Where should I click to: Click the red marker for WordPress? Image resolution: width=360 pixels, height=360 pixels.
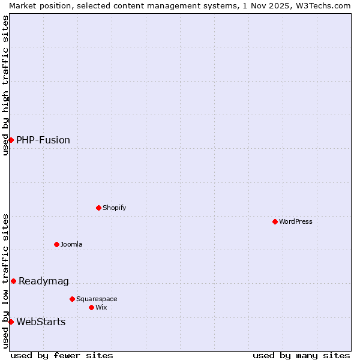click(275, 221)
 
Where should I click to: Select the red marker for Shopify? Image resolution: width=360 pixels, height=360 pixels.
click(98, 208)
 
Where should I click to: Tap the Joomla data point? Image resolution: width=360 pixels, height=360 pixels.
click(56, 244)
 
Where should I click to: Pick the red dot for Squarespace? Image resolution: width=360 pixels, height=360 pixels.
click(72, 299)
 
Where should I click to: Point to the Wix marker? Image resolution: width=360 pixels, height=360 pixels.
click(91, 307)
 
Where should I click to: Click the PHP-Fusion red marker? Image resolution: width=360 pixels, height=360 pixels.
click(11, 140)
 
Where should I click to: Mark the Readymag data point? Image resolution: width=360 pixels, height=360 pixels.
click(13, 281)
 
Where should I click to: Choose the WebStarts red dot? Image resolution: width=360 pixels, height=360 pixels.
click(11, 322)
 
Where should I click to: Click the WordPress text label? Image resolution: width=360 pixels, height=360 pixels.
click(296, 221)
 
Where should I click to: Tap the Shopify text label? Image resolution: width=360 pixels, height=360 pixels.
click(114, 208)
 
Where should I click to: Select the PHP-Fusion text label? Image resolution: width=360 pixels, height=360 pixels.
click(43, 140)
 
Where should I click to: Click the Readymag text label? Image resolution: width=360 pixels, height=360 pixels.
click(44, 281)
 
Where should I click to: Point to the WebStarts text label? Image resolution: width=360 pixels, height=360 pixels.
click(41, 322)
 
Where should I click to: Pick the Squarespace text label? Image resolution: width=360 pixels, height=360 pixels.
click(97, 299)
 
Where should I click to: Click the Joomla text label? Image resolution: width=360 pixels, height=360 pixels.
click(71, 244)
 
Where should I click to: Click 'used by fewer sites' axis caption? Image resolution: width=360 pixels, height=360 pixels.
click(62, 355)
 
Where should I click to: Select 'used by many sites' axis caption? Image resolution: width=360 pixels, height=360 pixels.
click(301, 355)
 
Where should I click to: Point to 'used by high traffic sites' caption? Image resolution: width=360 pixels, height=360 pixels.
click(5, 85)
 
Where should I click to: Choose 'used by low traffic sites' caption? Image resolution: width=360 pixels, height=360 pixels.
click(5, 281)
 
